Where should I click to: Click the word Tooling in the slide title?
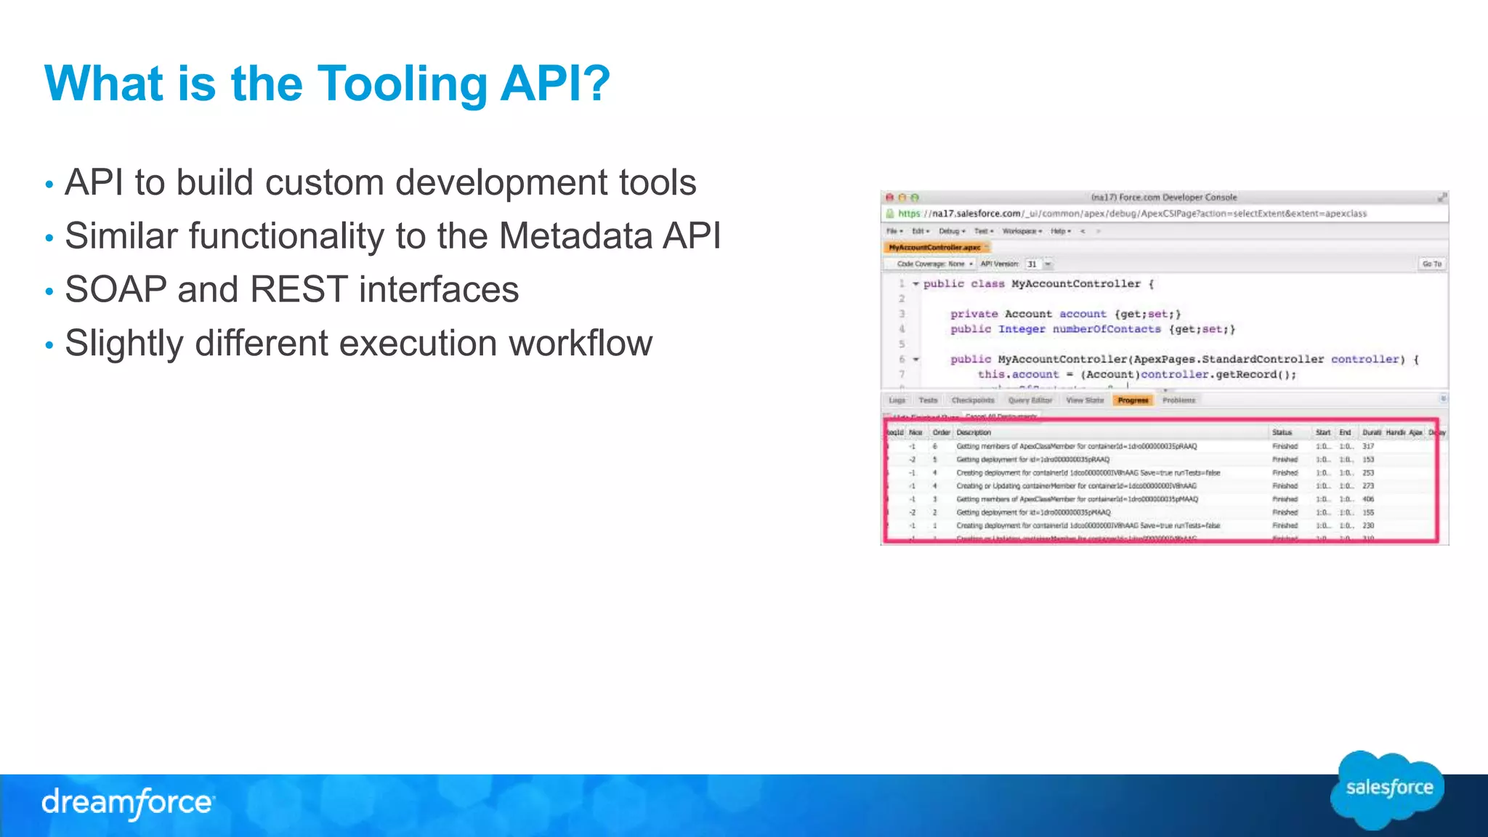[402, 84]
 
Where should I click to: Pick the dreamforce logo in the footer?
[128, 803]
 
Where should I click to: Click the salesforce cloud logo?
[1388, 789]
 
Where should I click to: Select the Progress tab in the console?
[1133, 400]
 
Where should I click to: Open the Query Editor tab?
[1030, 400]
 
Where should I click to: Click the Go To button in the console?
[1431, 264]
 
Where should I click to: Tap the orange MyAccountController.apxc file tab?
[935, 248]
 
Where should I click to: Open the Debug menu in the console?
[951, 231]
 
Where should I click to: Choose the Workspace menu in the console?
[1022, 231]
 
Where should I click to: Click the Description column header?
[974, 432]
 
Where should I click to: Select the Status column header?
[1282, 432]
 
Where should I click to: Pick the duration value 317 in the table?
[1368, 446]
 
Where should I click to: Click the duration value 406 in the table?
[1368, 499]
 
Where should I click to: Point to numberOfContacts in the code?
[1107, 329]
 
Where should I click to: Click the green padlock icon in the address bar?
[889, 214]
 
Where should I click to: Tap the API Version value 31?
[1032, 264]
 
